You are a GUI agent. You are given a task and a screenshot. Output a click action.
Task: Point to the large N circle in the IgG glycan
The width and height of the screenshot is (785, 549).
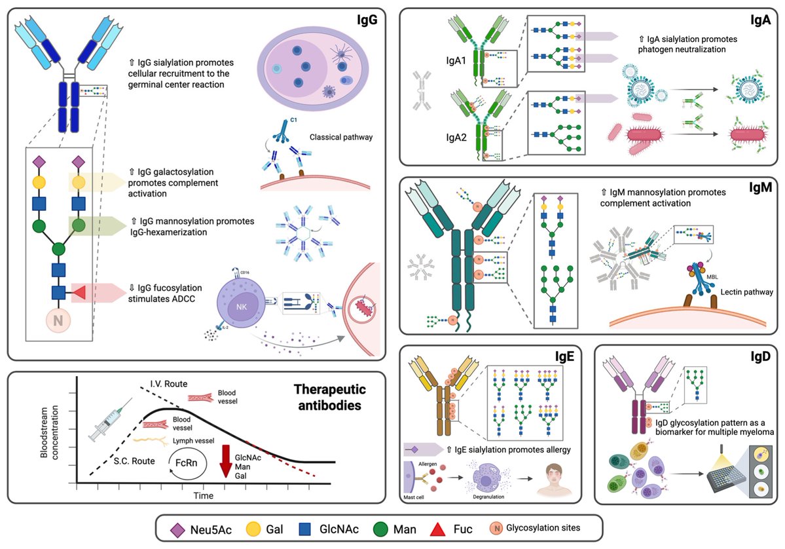tap(59, 322)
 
